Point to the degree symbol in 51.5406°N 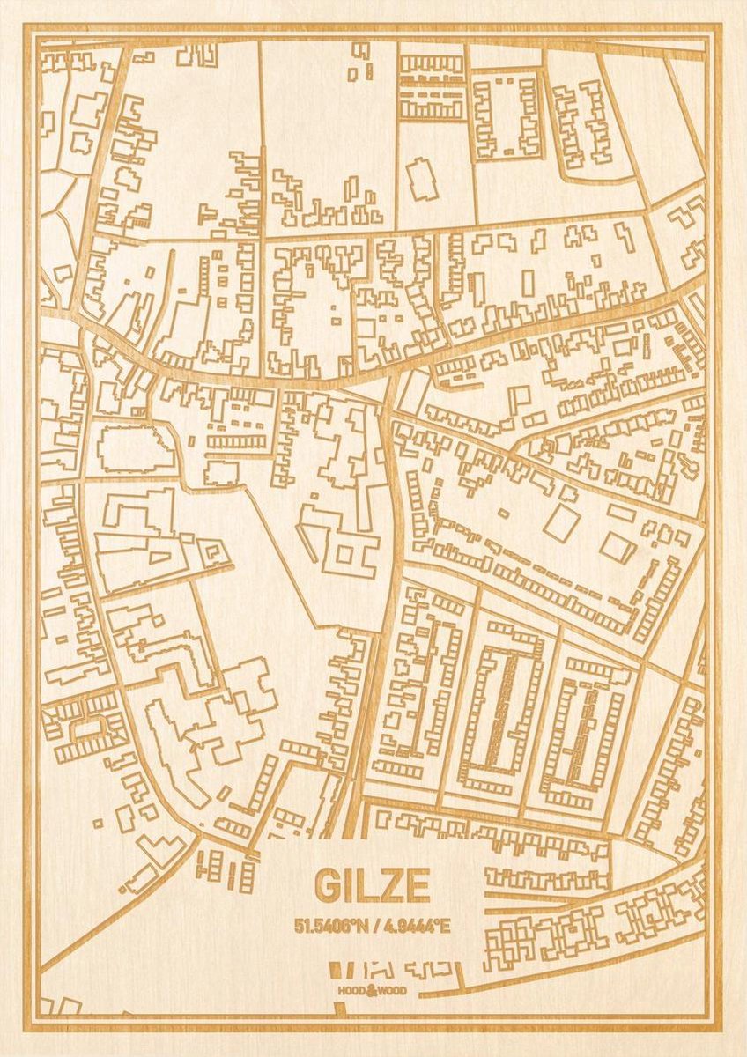click(x=355, y=923)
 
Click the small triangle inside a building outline click(x=159, y=556)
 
